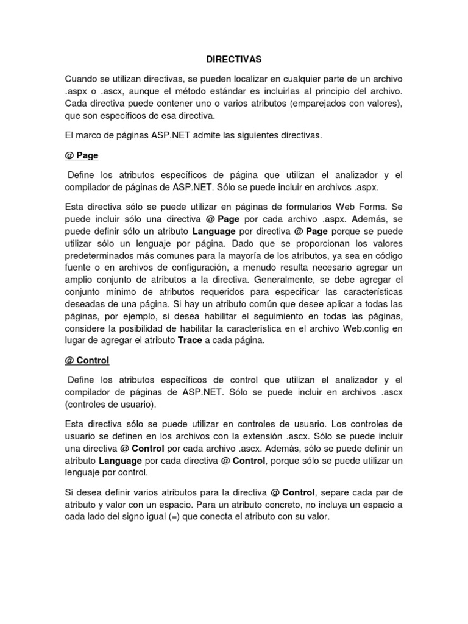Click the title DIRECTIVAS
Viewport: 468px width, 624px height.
click(x=233, y=59)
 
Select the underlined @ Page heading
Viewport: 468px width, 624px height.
click(x=82, y=155)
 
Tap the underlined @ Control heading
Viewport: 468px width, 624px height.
click(x=87, y=360)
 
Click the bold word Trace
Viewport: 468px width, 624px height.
click(x=190, y=340)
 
